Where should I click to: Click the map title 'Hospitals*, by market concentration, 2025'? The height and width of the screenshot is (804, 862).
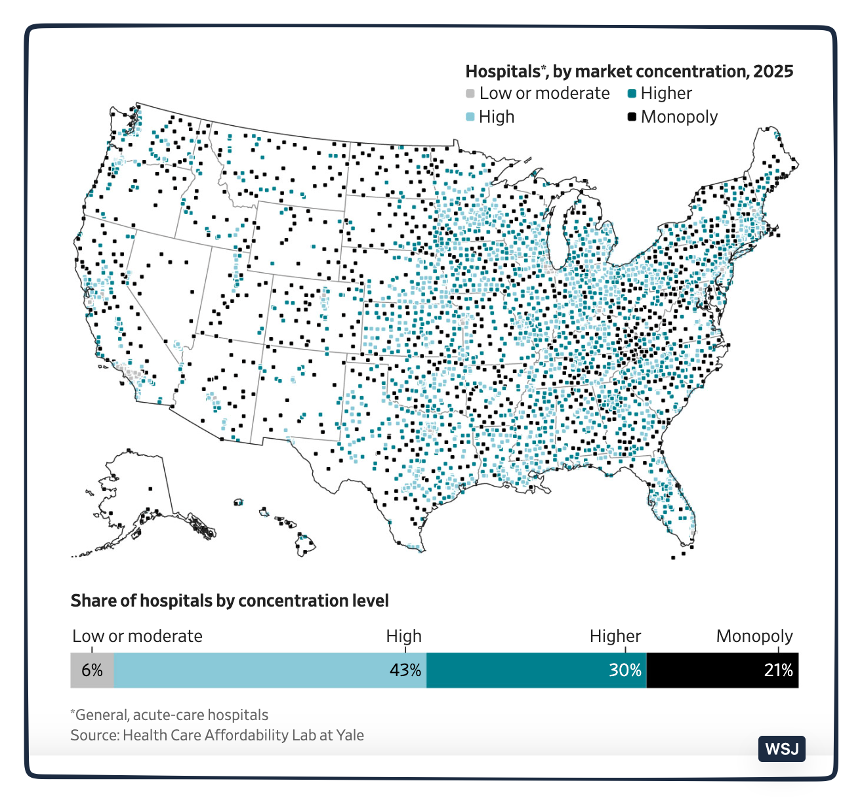(x=629, y=71)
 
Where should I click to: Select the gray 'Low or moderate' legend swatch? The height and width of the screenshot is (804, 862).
(x=470, y=94)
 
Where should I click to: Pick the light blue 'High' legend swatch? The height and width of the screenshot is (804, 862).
(x=470, y=117)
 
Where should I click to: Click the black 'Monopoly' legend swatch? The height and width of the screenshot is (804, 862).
(x=632, y=117)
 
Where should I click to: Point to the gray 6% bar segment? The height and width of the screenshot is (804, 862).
(x=92, y=670)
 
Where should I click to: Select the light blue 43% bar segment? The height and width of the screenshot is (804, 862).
(x=269, y=670)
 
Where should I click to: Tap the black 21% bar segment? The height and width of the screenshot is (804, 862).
(x=722, y=670)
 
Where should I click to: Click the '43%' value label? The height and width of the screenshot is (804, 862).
(x=405, y=670)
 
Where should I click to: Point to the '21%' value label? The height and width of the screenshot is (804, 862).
(x=778, y=670)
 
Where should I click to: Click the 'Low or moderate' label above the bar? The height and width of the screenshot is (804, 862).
(x=137, y=636)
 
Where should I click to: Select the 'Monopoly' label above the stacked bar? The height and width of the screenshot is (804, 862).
(x=754, y=636)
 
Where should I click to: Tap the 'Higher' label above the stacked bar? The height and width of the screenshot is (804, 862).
(x=615, y=636)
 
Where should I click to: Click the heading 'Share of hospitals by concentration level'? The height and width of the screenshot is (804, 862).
(x=230, y=601)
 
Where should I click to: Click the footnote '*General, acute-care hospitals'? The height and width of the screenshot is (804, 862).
(x=169, y=715)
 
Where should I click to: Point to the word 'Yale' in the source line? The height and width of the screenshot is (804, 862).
(x=350, y=735)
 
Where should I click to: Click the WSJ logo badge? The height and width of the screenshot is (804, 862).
(x=781, y=748)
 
